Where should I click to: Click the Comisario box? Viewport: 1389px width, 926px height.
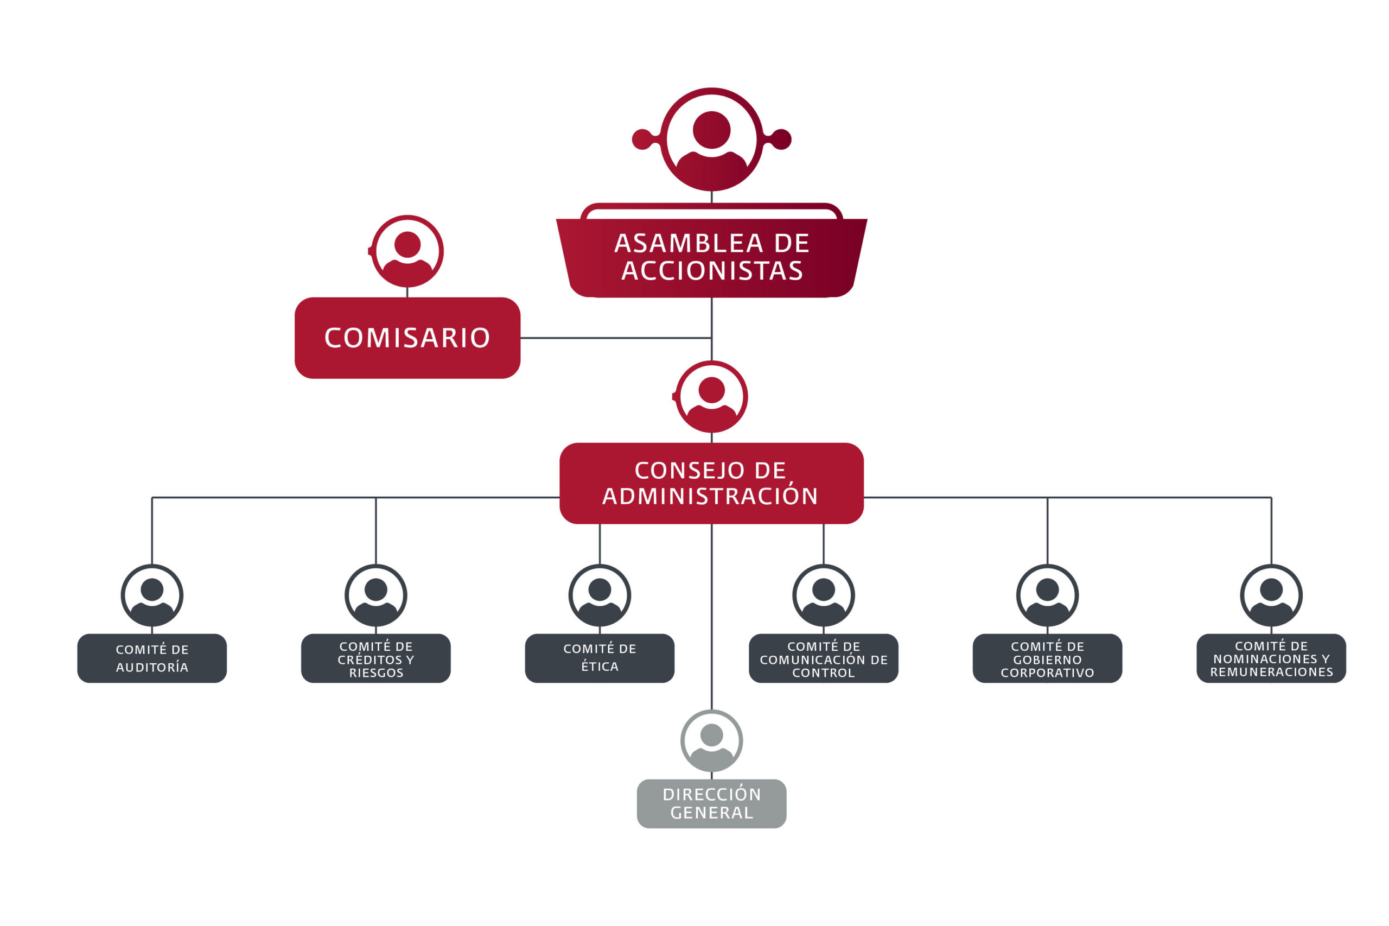click(407, 338)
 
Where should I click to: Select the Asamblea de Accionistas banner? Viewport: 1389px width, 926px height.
click(711, 257)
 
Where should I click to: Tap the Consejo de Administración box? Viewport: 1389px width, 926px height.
click(711, 483)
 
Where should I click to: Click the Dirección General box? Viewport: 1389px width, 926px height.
click(711, 803)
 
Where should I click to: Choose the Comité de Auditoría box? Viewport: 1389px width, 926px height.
click(152, 658)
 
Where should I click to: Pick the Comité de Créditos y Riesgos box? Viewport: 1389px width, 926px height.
click(375, 658)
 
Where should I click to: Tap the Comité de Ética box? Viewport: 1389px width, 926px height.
click(599, 658)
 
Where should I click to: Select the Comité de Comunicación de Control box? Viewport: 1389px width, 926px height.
click(823, 658)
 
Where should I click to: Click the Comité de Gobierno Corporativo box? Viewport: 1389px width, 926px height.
click(1047, 658)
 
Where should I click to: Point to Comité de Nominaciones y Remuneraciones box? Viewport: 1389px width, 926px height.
click(1271, 658)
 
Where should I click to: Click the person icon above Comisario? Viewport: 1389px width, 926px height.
click(407, 251)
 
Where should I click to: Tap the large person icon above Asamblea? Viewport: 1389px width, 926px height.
click(711, 139)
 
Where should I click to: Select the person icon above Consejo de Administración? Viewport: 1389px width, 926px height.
click(711, 396)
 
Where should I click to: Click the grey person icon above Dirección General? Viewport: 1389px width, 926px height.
click(711, 740)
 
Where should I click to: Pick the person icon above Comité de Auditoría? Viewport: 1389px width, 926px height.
click(152, 595)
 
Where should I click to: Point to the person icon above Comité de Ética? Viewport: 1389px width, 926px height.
click(599, 595)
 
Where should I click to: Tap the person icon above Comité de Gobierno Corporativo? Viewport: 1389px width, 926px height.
click(1047, 595)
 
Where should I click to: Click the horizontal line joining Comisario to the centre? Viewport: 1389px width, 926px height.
click(614, 338)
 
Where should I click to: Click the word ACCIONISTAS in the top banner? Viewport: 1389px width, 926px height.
click(711, 270)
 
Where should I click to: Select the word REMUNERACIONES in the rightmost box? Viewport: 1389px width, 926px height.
click(1271, 672)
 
